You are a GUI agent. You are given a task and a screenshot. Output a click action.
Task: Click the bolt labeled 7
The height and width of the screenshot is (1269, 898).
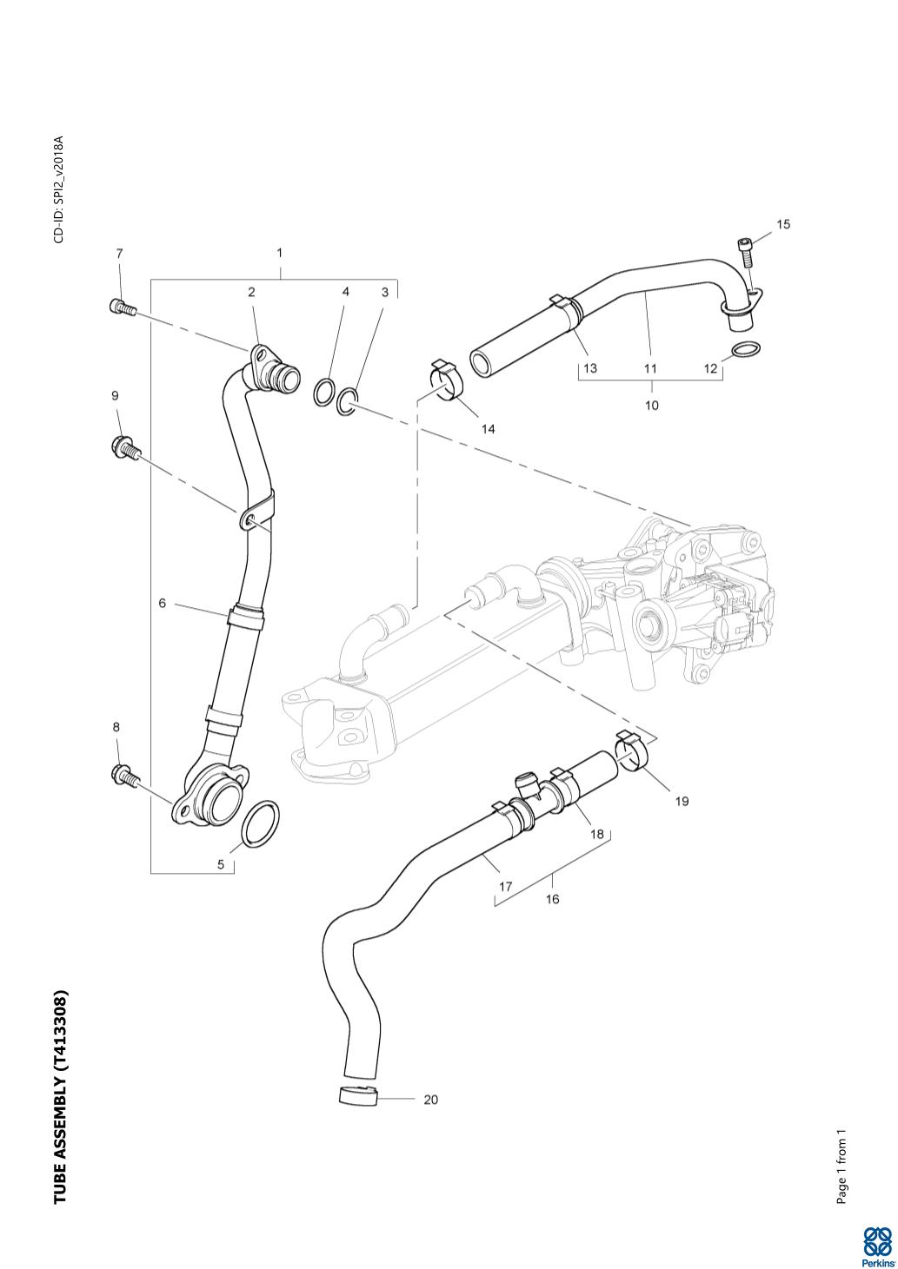tap(121, 306)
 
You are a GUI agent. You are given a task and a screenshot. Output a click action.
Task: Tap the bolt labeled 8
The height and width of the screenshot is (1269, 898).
tap(124, 775)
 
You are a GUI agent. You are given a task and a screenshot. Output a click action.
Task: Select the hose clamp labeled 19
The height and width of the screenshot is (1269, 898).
tap(635, 751)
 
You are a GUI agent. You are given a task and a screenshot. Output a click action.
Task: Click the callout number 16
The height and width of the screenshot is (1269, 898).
tap(552, 899)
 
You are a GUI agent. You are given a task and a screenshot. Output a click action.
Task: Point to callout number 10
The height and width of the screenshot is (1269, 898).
tap(651, 405)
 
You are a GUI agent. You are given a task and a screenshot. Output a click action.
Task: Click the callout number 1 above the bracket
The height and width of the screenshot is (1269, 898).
tap(279, 253)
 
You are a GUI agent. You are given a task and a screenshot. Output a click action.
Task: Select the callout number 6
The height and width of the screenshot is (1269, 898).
tap(163, 603)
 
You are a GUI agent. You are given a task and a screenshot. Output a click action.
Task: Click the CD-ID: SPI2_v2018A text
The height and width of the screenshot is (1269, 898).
tap(59, 188)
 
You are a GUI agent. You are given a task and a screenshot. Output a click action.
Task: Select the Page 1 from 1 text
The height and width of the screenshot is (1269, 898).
tap(841, 1167)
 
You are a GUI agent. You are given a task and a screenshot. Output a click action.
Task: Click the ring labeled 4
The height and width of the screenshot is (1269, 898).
tap(323, 392)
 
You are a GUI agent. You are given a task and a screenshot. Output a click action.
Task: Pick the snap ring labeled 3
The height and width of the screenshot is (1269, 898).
tap(348, 401)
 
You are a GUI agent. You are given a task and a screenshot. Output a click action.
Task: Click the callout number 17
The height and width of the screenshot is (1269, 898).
tap(505, 887)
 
